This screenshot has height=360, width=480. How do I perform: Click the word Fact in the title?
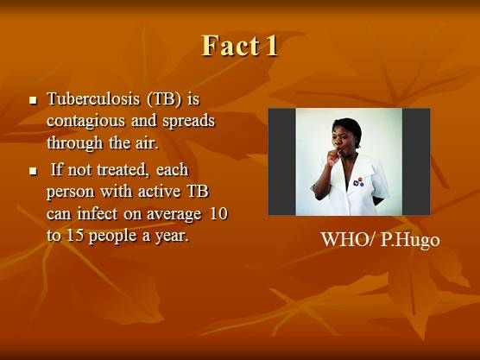pos(230,45)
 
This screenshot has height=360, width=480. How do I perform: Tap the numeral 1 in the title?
pos(272,46)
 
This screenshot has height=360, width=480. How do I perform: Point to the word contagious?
pos(85,121)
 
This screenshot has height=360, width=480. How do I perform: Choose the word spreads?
pos(188,121)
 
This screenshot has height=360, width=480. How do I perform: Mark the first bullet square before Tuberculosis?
pos(33,100)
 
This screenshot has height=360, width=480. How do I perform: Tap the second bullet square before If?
pos(33,171)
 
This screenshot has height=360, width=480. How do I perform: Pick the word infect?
pos(98,214)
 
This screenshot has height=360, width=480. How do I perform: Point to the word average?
pos(174,214)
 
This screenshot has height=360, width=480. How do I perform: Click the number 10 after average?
pos(218,214)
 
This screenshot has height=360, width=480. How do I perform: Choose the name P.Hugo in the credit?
pos(410,240)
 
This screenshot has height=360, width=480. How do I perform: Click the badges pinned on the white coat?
pos(358,182)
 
